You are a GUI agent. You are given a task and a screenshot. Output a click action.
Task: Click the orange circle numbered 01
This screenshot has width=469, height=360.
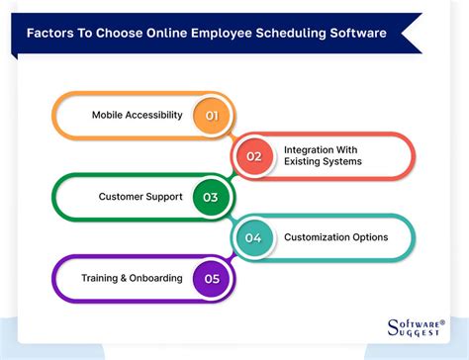[x=210, y=115]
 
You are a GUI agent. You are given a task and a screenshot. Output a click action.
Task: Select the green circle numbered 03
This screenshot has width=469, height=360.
[x=210, y=196]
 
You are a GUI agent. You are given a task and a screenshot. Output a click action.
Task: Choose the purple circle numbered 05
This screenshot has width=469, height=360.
[x=210, y=278]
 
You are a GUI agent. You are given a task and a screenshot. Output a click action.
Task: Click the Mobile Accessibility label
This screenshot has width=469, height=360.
[x=138, y=115]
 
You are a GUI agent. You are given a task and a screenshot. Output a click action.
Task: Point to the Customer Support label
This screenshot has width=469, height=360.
[x=141, y=196]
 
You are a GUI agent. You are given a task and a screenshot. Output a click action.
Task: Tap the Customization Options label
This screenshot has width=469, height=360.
[x=335, y=237]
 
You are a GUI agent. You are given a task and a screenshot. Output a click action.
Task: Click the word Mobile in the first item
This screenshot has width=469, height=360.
[x=109, y=115]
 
